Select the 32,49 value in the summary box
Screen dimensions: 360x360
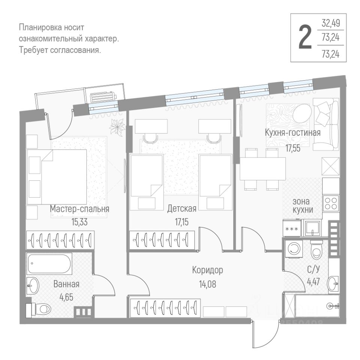[x=330, y=24]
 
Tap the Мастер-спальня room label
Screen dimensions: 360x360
[x=80, y=209]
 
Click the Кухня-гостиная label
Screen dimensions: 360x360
[x=292, y=133]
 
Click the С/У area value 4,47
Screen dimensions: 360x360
[x=313, y=281]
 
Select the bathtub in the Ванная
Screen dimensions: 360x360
[x=49, y=264]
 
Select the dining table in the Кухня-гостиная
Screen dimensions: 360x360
[x=262, y=169]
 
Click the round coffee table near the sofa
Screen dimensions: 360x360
[x=302, y=113]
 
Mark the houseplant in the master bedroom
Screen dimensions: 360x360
[x=117, y=126]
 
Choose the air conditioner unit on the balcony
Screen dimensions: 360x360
[x=102, y=96]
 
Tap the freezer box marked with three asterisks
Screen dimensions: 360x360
[x=292, y=228]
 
